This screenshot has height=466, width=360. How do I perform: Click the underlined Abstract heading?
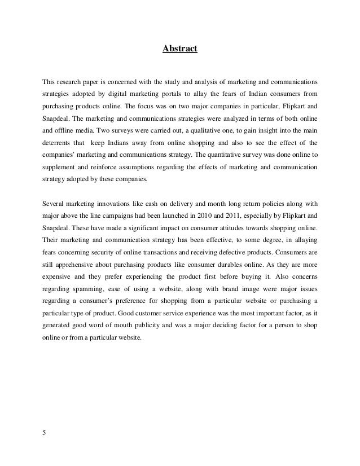[x=180, y=49]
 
